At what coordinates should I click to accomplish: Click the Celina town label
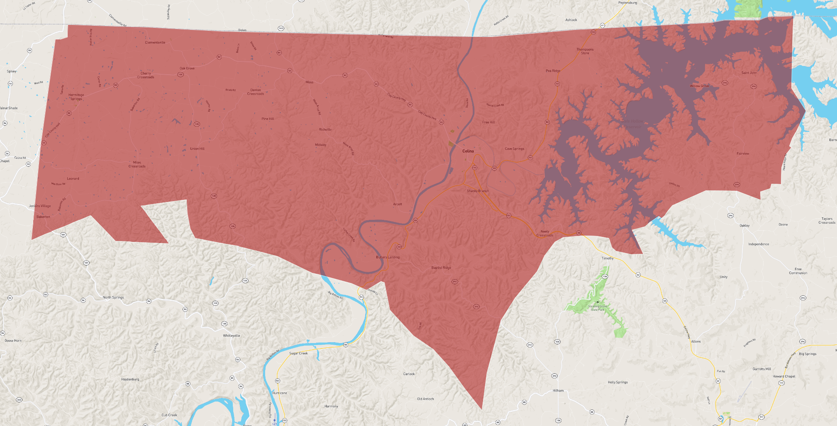point(468,151)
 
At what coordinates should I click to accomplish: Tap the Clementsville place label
point(155,42)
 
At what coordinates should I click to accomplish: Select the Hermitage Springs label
point(76,97)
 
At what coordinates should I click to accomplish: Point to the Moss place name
point(310,82)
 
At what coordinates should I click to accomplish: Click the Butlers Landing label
point(388,257)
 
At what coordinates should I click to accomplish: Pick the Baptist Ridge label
point(441,268)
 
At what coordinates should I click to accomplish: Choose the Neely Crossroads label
point(544,234)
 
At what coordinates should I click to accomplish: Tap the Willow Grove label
point(700,86)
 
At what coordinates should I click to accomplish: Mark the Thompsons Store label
point(585,51)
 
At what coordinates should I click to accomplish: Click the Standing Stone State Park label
point(598,308)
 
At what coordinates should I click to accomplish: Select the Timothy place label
point(607,258)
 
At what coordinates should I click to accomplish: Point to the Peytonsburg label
point(627,2)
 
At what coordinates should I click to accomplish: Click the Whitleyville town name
point(232,336)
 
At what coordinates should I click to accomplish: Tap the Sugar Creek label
point(298,353)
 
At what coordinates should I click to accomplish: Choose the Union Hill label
point(197,148)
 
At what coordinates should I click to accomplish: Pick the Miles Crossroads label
point(137,164)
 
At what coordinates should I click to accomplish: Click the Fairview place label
point(743,153)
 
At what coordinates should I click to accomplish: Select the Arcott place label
point(398,204)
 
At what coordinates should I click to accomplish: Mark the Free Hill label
point(488,122)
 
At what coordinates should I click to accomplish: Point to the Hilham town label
point(558,390)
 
